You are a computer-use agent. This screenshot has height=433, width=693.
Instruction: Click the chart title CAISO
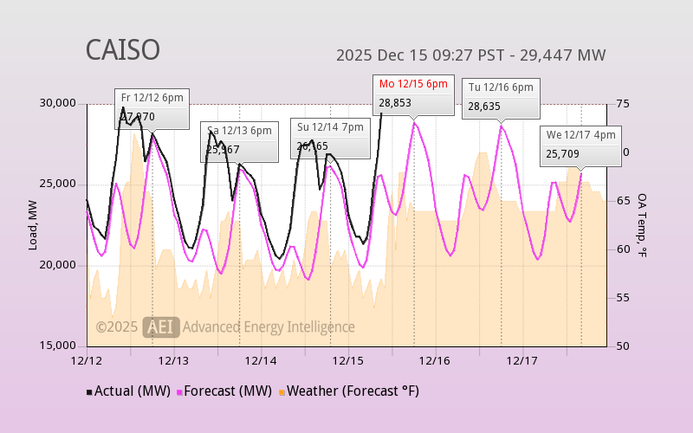(122, 50)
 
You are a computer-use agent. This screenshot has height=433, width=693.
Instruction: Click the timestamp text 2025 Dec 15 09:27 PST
(419, 55)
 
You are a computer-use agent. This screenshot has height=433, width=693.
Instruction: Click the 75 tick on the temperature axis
(622, 104)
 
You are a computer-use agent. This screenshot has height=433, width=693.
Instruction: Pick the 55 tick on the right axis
(622, 298)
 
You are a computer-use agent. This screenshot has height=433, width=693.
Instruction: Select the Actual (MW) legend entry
(127, 391)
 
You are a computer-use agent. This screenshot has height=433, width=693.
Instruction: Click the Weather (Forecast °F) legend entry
(349, 391)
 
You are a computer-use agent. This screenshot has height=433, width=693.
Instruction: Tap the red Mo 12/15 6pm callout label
(413, 84)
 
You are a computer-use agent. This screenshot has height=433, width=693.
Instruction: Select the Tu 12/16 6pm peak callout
(501, 87)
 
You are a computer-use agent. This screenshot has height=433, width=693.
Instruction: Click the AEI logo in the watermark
(161, 326)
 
